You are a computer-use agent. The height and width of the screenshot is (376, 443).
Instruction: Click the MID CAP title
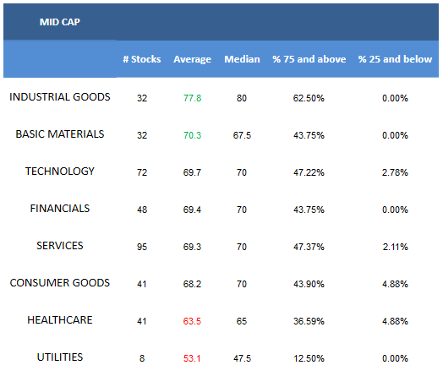(x=60, y=22)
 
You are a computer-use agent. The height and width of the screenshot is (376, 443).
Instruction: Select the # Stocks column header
(x=142, y=59)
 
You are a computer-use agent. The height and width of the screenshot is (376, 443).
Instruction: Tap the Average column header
(x=193, y=59)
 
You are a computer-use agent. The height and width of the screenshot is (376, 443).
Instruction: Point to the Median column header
(x=242, y=59)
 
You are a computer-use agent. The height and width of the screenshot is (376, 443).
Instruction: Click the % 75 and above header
(x=309, y=59)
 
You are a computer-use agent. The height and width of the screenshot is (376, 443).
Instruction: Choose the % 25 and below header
(x=396, y=59)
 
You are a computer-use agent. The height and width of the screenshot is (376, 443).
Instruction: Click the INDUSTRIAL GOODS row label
(x=60, y=97)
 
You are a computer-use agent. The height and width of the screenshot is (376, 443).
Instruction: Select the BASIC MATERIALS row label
(x=60, y=134)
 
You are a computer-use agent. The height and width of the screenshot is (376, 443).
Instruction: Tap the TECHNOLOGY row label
(x=60, y=171)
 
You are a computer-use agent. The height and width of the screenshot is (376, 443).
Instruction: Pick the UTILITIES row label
(x=60, y=357)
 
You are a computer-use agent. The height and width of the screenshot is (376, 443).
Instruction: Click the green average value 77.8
(x=193, y=98)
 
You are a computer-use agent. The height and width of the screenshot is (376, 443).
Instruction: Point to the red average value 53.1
(x=192, y=358)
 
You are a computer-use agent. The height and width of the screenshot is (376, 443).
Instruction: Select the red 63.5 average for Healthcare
(x=192, y=321)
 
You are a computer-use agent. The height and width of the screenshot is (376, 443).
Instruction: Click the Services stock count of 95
(x=142, y=247)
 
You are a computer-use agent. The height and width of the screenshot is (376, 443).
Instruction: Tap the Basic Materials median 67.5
(x=242, y=135)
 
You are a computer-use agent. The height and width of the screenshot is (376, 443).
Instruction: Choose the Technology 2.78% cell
(x=395, y=172)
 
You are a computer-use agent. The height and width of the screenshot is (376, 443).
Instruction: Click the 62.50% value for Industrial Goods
(x=309, y=98)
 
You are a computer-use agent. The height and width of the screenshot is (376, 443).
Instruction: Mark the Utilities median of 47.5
(x=242, y=358)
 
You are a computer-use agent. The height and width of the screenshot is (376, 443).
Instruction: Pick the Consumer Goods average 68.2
(x=192, y=284)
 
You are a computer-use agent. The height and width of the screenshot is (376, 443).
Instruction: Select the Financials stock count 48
(x=142, y=210)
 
